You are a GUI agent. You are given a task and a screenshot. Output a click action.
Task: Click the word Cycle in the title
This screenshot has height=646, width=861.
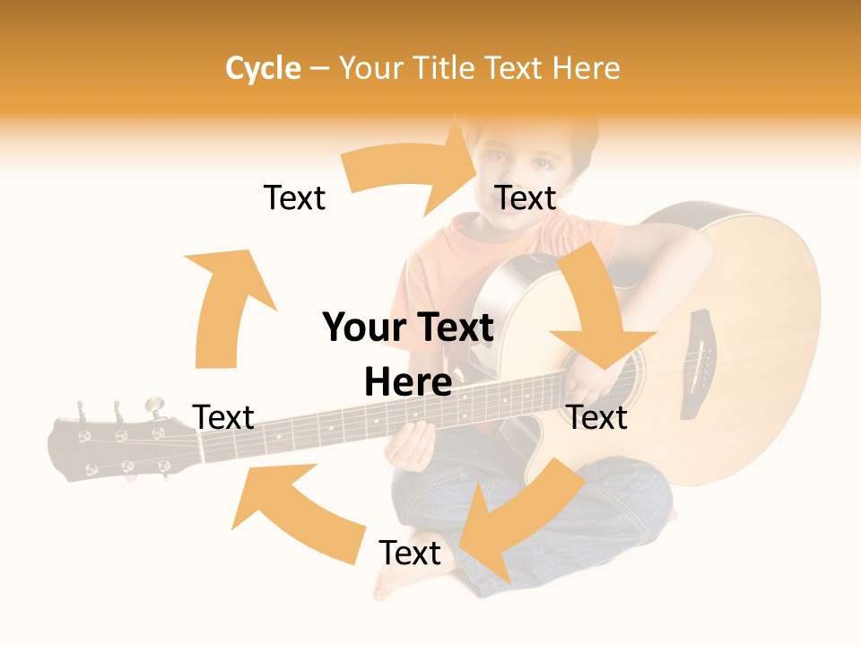[263, 68]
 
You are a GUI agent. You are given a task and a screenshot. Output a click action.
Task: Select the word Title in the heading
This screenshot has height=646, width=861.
[444, 68]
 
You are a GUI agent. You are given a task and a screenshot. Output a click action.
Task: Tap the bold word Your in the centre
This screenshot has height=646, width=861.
[360, 328]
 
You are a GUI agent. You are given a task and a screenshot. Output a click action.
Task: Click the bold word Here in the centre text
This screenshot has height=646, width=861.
[408, 383]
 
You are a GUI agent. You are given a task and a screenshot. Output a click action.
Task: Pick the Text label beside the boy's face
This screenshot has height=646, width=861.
[526, 197]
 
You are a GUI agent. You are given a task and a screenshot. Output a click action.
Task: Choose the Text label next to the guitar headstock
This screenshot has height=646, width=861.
[224, 417]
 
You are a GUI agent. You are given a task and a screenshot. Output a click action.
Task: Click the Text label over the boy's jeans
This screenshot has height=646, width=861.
[410, 554]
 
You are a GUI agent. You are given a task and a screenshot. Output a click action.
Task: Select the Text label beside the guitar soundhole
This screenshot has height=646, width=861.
[597, 417]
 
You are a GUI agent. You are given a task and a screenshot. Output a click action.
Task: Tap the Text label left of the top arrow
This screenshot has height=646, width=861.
[294, 197]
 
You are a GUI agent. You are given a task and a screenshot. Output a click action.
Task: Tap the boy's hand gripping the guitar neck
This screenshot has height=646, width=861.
[414, 444]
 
